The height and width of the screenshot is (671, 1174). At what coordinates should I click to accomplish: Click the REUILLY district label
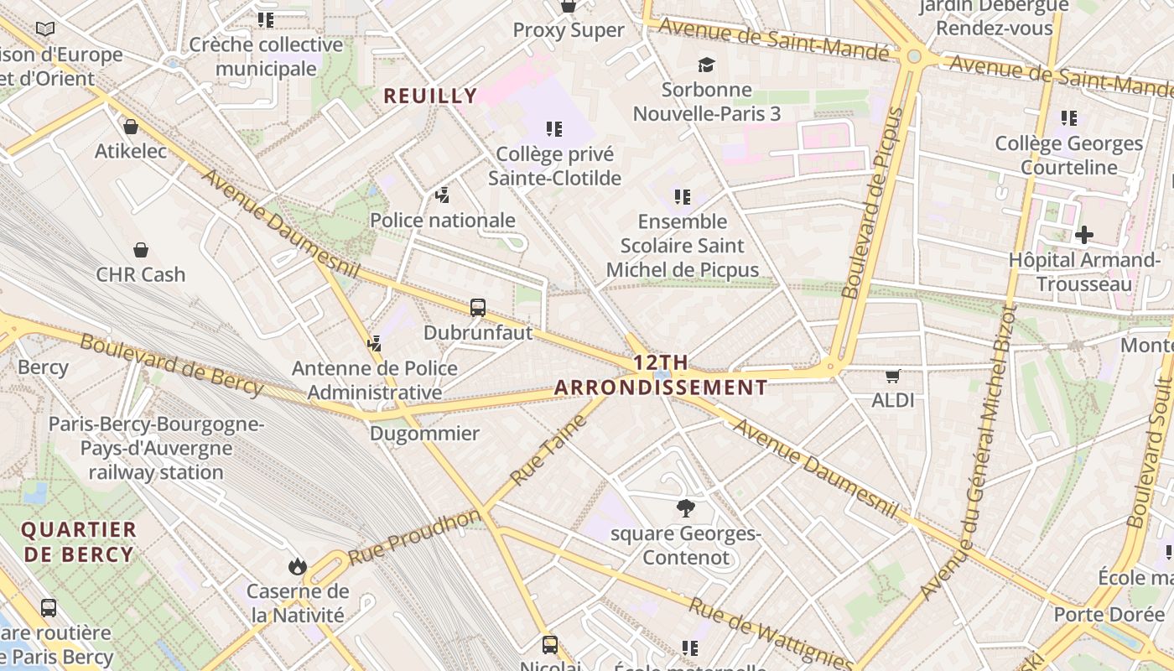click(430, 96)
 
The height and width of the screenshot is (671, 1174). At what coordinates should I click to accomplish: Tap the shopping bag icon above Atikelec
click(131, 127)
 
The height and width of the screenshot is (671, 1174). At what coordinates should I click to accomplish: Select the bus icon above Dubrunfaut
click(478, 308)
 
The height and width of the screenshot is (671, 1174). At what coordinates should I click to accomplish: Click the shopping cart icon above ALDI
click(893, 377)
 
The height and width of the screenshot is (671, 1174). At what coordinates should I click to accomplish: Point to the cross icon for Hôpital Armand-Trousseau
click(1083, 235)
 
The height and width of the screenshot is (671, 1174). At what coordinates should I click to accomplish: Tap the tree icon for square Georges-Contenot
click(686, 507)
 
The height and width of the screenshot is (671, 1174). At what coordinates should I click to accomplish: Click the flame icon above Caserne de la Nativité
click(297, 567)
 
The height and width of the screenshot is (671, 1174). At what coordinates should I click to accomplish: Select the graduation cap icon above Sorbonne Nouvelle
click(707, 65)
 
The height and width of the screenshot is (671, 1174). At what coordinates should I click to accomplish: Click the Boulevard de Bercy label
click(172, 365)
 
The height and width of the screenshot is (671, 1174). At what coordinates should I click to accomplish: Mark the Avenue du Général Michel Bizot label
click(969, 453)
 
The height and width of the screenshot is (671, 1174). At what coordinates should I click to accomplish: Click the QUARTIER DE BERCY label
click(79, 542)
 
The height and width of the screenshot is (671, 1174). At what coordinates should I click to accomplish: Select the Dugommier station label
click(424, 434)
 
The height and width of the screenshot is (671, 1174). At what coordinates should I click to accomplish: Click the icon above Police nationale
click(442, 195)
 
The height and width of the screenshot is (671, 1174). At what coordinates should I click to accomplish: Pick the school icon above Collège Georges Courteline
click(1068, 118)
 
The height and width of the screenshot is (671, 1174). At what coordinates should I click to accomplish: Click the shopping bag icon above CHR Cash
click(141, 250)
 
